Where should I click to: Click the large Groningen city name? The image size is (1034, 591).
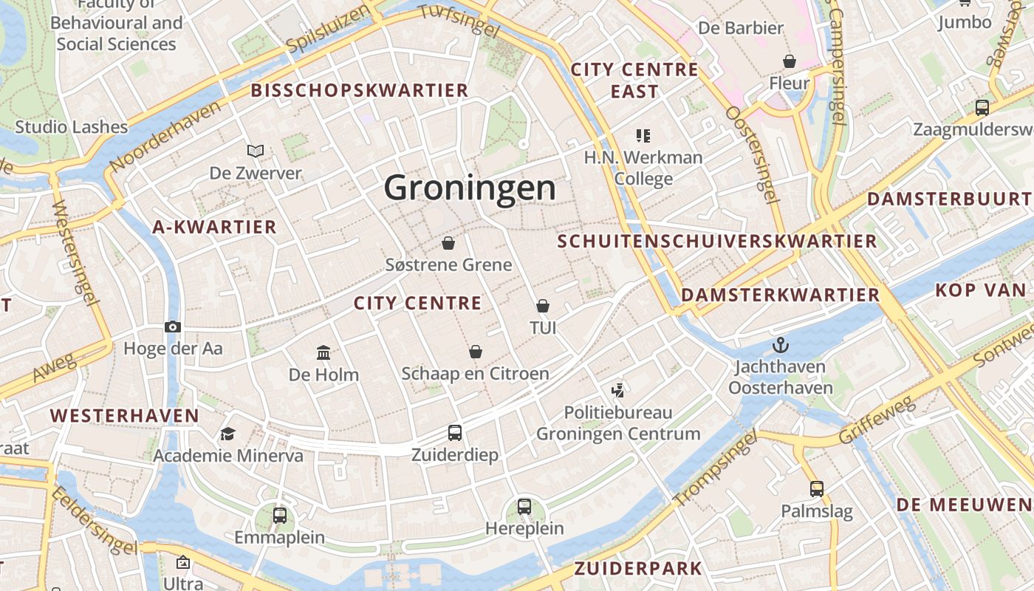tap(470, 188)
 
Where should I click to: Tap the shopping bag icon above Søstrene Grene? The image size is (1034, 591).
tap(448, 243)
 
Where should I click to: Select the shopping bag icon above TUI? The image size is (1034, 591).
tap(543, 306)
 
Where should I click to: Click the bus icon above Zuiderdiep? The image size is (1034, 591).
tap(455, 433)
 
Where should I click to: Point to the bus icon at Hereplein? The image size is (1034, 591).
tap(524, 507)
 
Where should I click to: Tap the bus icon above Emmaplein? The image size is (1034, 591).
tap(280, 516)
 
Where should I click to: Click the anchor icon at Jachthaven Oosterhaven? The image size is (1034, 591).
tap(780, 345)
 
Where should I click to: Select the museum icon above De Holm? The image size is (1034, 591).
tap(323, 353)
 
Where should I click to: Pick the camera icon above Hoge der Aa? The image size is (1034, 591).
tap(173, 327)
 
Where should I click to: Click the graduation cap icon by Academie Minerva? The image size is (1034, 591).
tap(227, 434)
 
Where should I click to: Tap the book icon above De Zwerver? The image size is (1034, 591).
tap(256, 151)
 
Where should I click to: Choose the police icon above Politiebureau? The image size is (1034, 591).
tap(618, 390)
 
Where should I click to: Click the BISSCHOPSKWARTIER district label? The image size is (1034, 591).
tap(360, 91)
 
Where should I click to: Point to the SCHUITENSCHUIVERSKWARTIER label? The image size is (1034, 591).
tap(717, 242)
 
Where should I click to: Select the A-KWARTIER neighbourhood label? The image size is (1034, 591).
tap(214, 228)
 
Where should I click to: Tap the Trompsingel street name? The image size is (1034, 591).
tap(716, 469)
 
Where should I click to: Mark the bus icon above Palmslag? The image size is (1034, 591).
tap(816, 489)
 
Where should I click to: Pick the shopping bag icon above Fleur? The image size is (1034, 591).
tap(790, 61)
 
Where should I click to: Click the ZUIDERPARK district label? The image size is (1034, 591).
tap(638, 569)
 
